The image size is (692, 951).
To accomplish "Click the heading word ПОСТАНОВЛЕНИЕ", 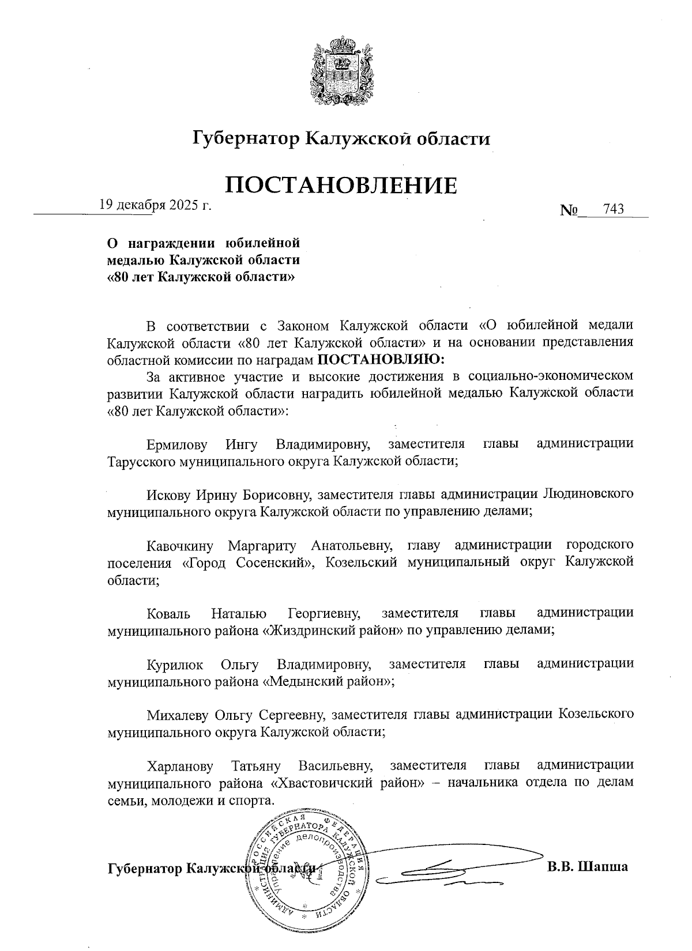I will tap(341, 186).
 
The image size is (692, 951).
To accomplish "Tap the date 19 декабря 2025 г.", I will tap(155, 205).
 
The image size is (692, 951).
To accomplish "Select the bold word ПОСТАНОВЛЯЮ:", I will tap(382, 359).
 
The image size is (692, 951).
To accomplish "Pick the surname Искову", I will tap(168, 495).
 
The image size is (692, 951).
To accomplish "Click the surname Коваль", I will tap(168, 613).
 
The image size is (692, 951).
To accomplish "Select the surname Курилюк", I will tap(175, 664).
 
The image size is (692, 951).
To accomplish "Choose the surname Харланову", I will tap(180, 766).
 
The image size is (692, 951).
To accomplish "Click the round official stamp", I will tap(309, 865).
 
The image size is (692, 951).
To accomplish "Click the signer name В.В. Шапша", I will tap(587, 867).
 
